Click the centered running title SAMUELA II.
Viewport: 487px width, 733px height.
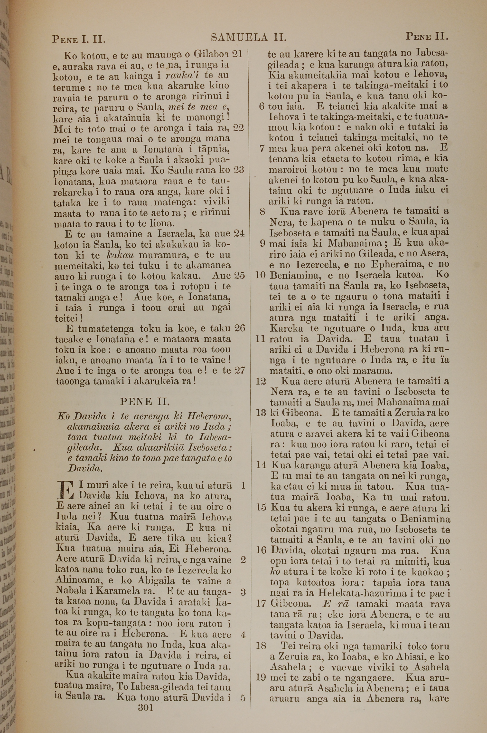click(x=248, y=38)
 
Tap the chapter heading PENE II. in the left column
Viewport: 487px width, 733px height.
click(x=145, y=402)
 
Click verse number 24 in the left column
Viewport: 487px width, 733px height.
click(x=239, y=233)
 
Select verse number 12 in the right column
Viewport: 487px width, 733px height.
click(x=261, y=381)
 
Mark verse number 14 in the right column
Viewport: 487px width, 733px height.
click(x=262, y=465)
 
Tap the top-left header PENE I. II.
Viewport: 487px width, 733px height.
click(x=79, y=39)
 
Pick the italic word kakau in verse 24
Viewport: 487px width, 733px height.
click(x=120, y=255)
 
